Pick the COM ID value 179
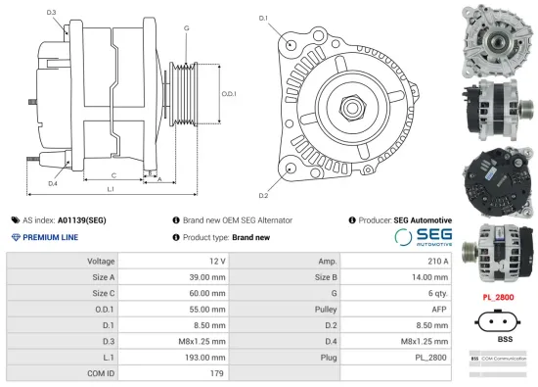click(x=217, y=373)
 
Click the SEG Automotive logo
click(x=428, y=238)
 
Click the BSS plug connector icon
click(x=504, y=320)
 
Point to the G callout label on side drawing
click(x=186, y=28)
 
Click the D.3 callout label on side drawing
click(x=51, y=13)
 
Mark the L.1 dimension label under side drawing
click(x=111, y=188)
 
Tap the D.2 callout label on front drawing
click(x=263, y=183)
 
